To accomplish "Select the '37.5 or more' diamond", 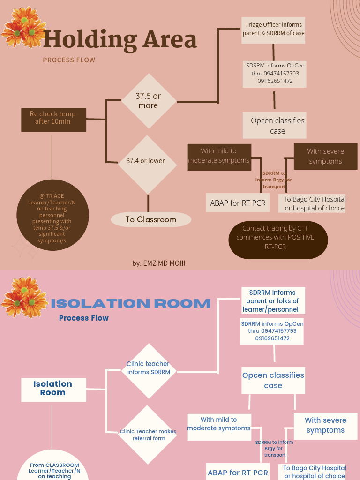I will click(149, 101).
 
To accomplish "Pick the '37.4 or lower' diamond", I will click(146, 161).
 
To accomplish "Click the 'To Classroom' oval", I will click(151, 219).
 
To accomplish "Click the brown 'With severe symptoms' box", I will click(325, 156).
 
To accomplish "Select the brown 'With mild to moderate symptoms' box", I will click(219, 156).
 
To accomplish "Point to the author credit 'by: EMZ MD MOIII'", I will click(159, 263).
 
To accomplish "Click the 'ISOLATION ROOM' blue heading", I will click(131, 303).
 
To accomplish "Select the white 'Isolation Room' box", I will click(53, 389).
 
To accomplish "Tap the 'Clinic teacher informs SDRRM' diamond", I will click(148, 368).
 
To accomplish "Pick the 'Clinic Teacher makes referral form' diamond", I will click(148, 435).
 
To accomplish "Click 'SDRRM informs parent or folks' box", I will click(273, 301).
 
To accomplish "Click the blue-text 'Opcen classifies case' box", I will click(273, 380).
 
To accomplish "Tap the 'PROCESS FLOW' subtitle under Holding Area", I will click(69, 60).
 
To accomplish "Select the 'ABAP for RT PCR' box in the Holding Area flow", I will click(238, 203).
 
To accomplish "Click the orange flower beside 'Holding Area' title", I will click(23, 28).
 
